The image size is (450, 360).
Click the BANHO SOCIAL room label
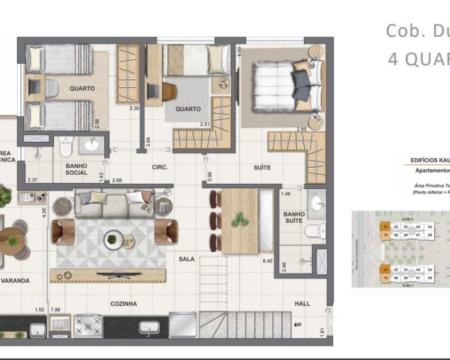coord(76,169)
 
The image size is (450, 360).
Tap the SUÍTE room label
coord(262,167)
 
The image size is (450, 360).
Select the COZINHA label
coord(124,304)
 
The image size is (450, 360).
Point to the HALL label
coord(303,304)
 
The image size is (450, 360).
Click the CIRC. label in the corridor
coord(160,167)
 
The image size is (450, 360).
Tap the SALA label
coord(186,259)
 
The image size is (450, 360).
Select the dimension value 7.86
coord(55,310)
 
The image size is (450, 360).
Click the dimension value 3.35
coord(133,108)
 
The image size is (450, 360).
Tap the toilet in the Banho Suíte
coord(315,231)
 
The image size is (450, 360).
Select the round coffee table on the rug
coord(112,239)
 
